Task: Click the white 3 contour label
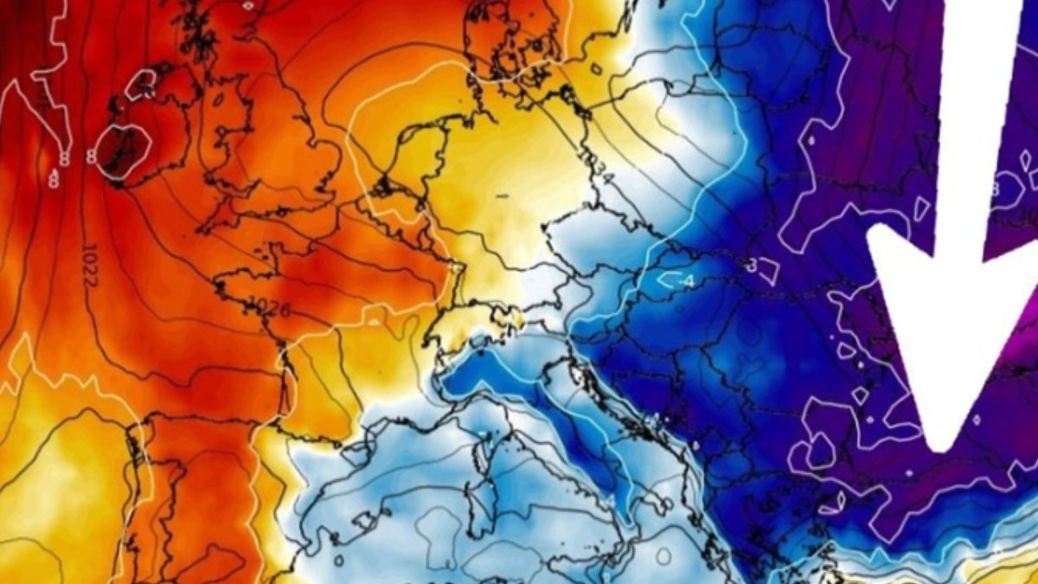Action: pos(752,265)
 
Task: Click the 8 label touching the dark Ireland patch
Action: pos(90,157)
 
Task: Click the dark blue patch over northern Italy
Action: pos(493,368)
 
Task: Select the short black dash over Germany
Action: pos(502,196)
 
